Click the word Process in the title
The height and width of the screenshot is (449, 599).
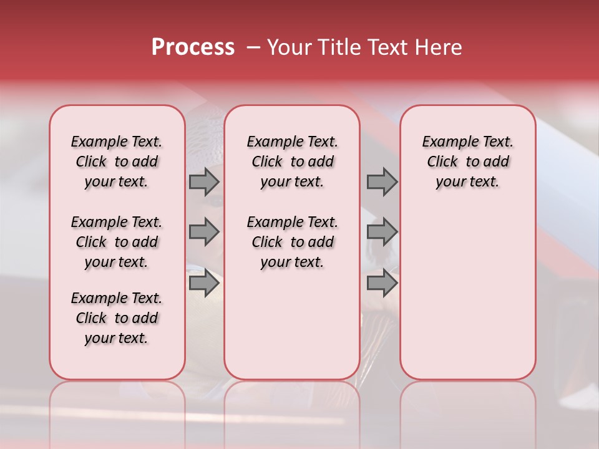point(193,47)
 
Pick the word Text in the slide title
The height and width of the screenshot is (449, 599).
point(386,47)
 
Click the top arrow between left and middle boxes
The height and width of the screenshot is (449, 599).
point(204,181)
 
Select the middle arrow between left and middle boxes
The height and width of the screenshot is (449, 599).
point(204,232)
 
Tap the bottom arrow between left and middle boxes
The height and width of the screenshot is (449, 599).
point(204,283)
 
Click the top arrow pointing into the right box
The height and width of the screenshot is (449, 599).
point(382,181)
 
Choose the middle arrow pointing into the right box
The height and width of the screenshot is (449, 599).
point(382,232)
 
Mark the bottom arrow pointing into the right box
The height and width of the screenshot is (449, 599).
point(382,283)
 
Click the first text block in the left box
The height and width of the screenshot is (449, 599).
point(117,162)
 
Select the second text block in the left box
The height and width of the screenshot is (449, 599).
point(117,242)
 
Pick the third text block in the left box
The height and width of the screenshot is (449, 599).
point(117,318)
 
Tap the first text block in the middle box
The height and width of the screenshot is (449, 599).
point(292,162)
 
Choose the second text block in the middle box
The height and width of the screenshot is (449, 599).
point(292,242)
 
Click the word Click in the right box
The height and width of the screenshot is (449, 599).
point(442,162)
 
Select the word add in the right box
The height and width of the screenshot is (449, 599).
point(496,162)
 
